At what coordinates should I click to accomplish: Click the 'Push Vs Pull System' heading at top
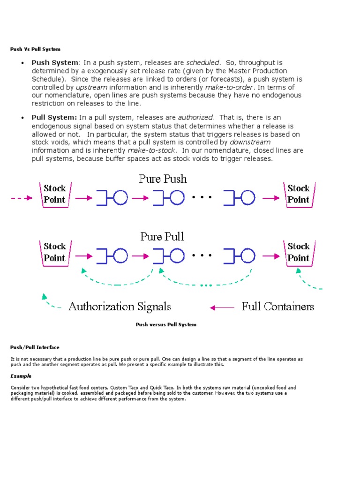pos(35,49)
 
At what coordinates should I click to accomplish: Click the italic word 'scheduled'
pos(202,62)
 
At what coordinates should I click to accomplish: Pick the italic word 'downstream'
pos(250,142)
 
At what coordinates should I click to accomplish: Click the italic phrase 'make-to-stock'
pos(152,150)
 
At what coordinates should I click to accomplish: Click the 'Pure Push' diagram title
pos(162,179)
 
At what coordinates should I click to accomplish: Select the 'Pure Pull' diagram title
pos(162,236)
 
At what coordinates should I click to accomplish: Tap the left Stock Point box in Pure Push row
pos(55,194)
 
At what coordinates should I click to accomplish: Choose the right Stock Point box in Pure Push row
pos(298,194)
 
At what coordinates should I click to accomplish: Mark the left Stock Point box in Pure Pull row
pos(55,252)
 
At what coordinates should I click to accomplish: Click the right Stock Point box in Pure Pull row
pos(298,252)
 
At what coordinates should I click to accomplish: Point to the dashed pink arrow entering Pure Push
pos(22,198)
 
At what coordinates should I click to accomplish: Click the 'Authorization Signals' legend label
pos(120,307)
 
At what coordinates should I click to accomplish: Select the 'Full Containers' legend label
pos(277,307)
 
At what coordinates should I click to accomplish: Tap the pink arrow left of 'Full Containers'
pos(222,307)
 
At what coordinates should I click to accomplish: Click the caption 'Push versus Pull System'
pos(166,324)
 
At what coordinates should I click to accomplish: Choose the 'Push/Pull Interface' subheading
pos(35,347)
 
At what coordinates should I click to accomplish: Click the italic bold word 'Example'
pos(21,376)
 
